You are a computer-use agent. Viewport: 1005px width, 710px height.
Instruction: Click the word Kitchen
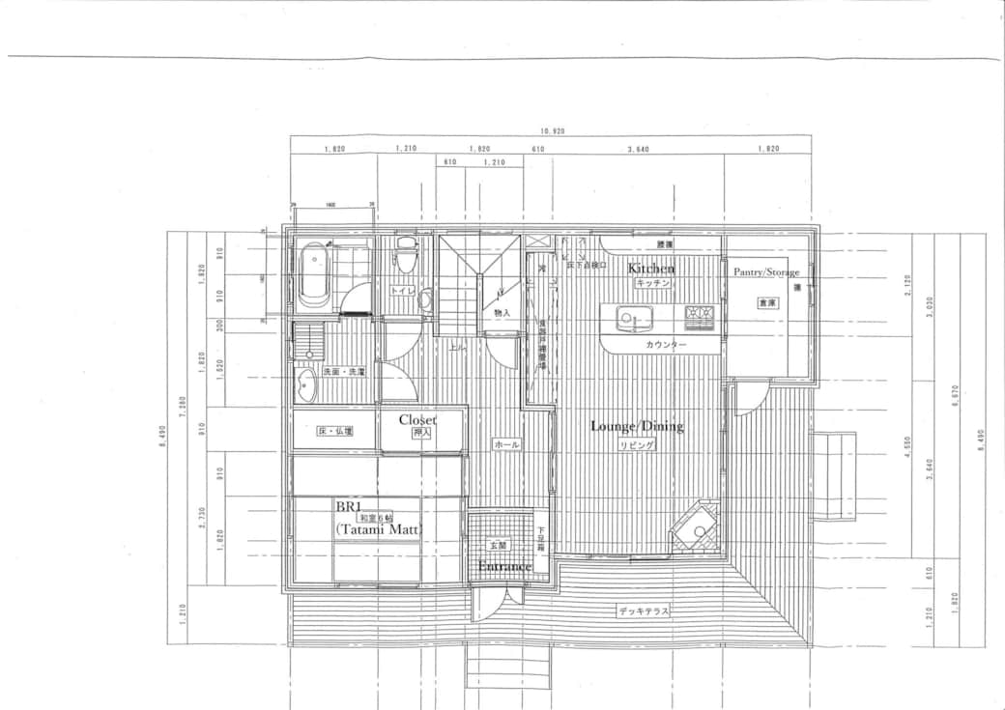tap(651, 268)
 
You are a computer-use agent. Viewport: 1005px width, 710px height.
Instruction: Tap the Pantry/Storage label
tap(766, 272)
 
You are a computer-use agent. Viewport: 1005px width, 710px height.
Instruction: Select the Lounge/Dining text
tap(637, 426)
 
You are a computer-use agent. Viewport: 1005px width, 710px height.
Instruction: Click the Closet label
tap(417, 420)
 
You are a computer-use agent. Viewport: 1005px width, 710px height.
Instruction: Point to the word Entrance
tap(504, 566)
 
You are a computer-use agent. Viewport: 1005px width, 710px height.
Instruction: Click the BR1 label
tap(347, 506)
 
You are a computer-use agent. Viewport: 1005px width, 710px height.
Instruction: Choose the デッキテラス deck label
tap(644, 611)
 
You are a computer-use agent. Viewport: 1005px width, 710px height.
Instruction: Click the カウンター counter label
tap(666, 345)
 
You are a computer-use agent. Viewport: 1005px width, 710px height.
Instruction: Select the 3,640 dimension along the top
tap(638, 149)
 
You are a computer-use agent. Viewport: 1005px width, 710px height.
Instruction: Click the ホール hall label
tap(506, 444)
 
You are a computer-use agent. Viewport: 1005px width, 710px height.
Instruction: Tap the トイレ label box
tap(402, 290)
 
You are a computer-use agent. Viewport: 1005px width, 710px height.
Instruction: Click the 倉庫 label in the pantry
tap(767, 302)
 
